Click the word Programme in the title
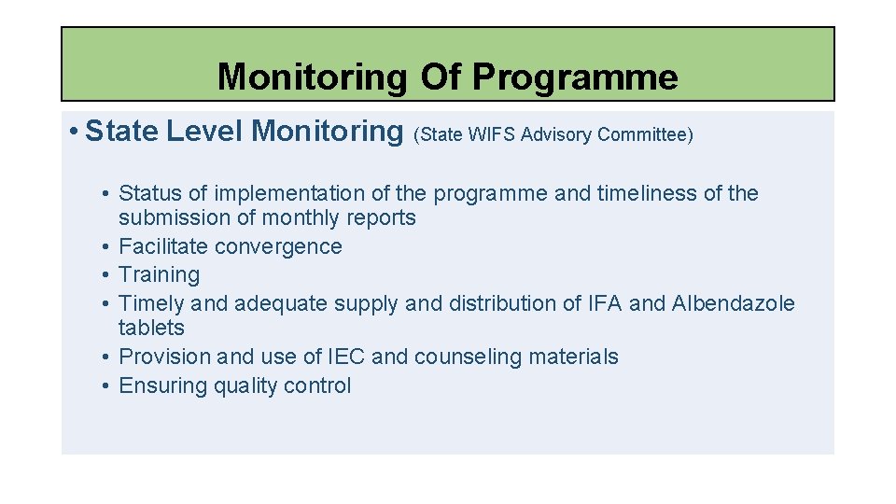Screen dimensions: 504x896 (x=575, y=77)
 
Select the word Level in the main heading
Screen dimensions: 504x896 (x=205, y=132)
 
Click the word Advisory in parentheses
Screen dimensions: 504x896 (x=556, y=135)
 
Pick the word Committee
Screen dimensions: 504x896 (x=645, y=135)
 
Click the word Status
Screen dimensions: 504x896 (x=150, y=193)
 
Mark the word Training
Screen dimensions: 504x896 (x=160, y=274)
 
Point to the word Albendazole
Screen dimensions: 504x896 (x=733, y=303)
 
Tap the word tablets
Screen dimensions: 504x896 (x=151, y=328)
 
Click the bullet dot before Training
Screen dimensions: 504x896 (x=107, y=275)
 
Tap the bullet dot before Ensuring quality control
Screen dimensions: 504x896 (x=107, y=385)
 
